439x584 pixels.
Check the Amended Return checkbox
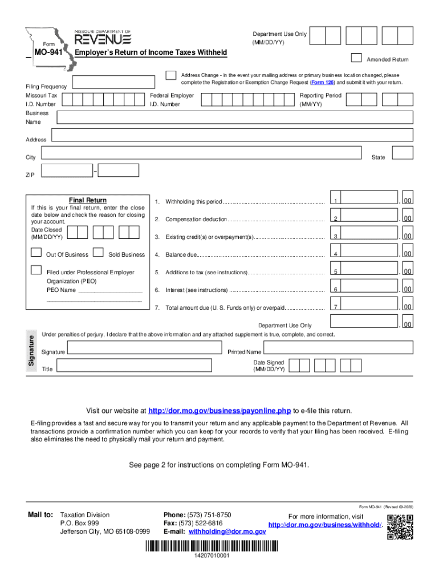(x=356, y=57)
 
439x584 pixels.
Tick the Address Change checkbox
(x=170, y=76)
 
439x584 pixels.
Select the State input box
(x=404, y=152)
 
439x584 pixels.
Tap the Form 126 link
(x=322, y=82)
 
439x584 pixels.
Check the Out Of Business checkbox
(x=36, y=253)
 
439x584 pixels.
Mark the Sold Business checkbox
(x=99, y=253)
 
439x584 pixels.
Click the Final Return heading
(x=87, y=200)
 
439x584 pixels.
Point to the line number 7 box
(x=336, y=307)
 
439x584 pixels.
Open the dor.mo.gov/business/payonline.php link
(x=219, y=411)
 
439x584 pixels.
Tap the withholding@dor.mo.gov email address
(x=227, y=532)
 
